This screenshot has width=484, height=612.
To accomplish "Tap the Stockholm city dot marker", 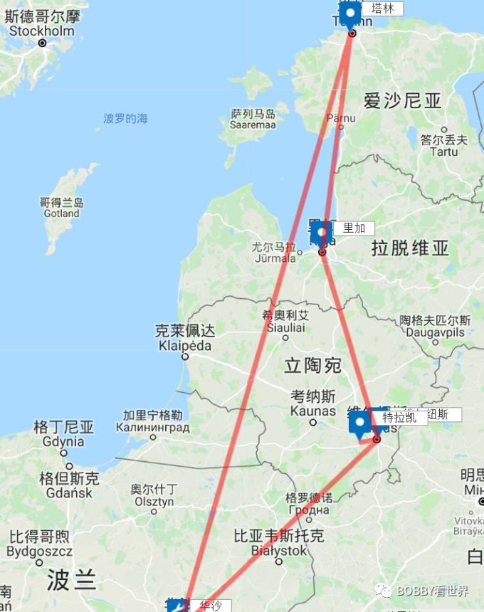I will coord(42,43).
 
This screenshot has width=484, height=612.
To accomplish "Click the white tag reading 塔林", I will coord(382,9).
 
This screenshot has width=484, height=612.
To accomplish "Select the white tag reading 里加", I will coord(354,228).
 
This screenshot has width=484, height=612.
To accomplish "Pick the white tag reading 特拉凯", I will coord(400,418).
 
